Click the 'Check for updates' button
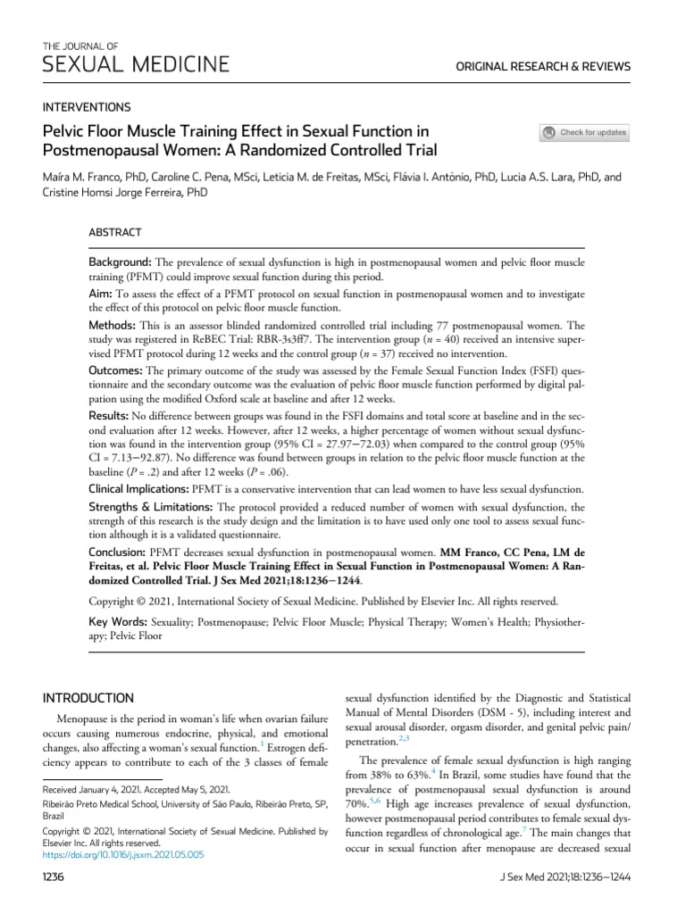pyautogui.click(x=585, y=133)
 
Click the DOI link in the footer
pyautogui.click(x=123, y=854)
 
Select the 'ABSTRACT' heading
pyautogui.click(x=114, y=232)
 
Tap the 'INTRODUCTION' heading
pyautogui.click(x=89, y=697)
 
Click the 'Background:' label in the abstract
pyautogui.click(x=121, y=263)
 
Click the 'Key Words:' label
pyautogui.click(x=115, y=620)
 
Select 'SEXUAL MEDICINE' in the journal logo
pyautogui.click(x=136, y=64)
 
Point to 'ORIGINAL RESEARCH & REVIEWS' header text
pyautogui.click(x=543, y=67)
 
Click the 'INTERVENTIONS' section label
pyautogui.click(x=87, y=106)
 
